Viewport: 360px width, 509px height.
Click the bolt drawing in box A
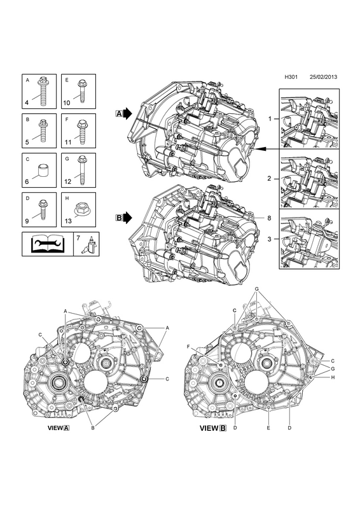tap(43, 91)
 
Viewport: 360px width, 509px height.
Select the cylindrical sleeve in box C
tap(43, 170)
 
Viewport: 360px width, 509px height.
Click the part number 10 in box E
tap(67, 103)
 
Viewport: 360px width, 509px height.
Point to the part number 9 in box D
tap(27, 221)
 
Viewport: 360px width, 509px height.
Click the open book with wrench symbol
tap(48, 244)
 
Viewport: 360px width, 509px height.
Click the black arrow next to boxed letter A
tap(128, 114)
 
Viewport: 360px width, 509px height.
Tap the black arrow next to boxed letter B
tap(128, 218)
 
